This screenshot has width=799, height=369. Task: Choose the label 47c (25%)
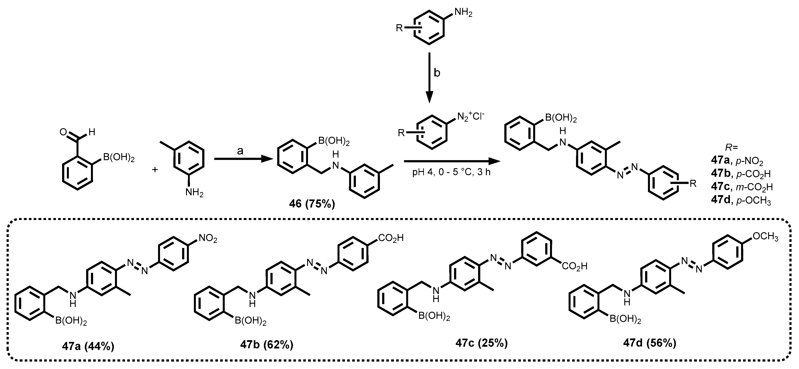point(482,343)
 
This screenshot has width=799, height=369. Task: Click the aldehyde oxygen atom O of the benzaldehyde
point(63,133)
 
